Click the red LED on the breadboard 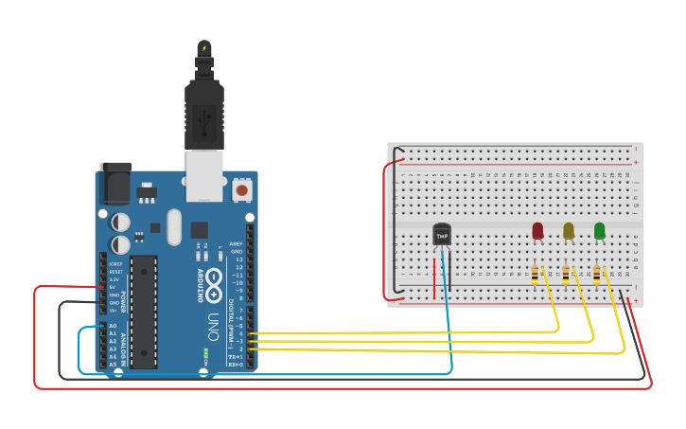pos(537,230)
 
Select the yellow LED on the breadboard pos(568,230)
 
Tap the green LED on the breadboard pos(599,230)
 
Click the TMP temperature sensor pos(441,234)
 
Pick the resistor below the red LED pos(536,275)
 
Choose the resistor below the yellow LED pos(566,275)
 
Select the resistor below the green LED pos(596,275)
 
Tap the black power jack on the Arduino pos(115,183)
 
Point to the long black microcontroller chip pos(143,311)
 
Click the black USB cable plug pos(203,114)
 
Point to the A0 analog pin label pos(113,326)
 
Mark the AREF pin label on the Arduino pos(237,243)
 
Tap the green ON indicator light pos(205,354)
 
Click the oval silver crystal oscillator pos(173,226)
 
